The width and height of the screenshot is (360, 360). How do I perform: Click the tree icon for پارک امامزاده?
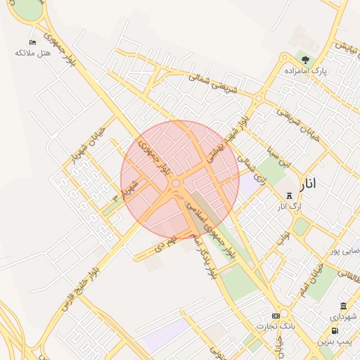(304, 60)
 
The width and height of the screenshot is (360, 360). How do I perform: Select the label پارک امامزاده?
(306, 71)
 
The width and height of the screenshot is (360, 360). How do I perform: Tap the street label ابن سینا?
(276, 154)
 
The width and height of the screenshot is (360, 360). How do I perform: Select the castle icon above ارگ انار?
(288, 195)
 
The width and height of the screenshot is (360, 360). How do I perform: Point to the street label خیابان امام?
(310, 279)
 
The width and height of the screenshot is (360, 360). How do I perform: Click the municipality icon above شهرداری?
(343, 306)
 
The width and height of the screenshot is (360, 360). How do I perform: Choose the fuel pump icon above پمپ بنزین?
(333, 330)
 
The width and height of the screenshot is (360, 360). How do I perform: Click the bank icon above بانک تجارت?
(276, 315)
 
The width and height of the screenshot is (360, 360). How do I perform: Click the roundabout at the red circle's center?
(176, 184)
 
